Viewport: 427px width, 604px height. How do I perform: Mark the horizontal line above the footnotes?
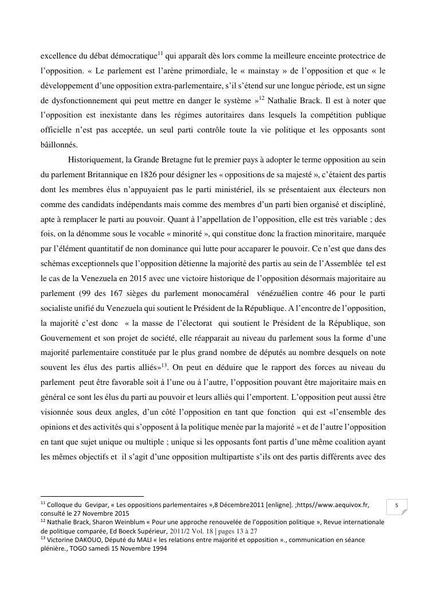click(x=92, y=497)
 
